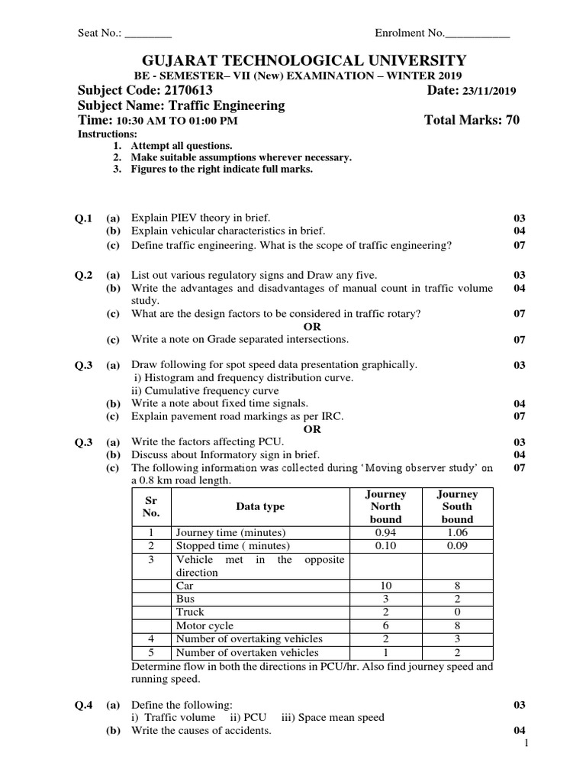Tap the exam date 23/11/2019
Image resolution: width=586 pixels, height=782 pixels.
(487, 92)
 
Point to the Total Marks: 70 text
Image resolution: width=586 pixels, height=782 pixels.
(471, 121)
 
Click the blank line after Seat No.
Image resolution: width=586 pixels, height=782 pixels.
(148, 34)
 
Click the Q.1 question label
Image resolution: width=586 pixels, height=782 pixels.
(83, 218)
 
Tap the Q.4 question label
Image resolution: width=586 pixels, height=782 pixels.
(83, 705)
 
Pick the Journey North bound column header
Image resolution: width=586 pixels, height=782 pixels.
(385, 506)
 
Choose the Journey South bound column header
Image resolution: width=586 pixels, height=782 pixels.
(457, 506)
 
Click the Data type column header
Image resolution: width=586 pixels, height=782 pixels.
(260, 506)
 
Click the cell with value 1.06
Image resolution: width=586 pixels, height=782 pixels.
(457, 532)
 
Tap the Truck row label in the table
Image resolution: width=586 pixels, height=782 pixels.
(190, 612)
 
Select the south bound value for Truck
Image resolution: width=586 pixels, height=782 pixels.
(457, 612)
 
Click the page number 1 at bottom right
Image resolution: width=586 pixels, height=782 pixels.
(526, 744)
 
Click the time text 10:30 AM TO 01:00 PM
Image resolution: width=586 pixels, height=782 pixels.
(176, 121)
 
